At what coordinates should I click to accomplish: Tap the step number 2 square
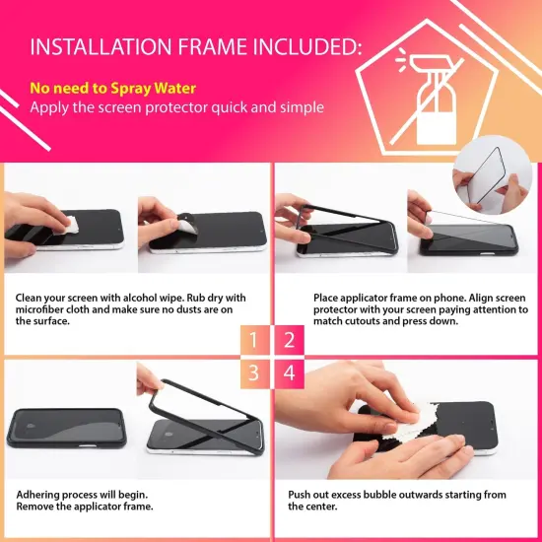pyautogui.click(x=290, y=340)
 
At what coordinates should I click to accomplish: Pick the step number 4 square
pyautogui.click(x=290, y=373)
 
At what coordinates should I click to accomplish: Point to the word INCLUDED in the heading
pyautogui.click(x=307, y=46)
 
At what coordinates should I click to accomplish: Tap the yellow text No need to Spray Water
pyautogui.click(x=112, y=89)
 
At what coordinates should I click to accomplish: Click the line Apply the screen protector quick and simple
pyautogui.click(x=176, y=107)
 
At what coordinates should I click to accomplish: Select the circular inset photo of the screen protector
pyautogui.click(x=492, y=175)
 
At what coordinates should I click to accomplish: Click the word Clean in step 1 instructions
pyautogui.click(x=29, y=298)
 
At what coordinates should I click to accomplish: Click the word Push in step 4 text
pyautogui.click(x=299, y=495)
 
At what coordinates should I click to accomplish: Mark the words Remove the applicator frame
pyautogui.click(x=85, y=507)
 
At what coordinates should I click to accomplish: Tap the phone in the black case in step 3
pyautogui.click(x=66, y=428)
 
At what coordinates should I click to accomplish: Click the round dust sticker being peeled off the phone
pyautogui.click(x=187, y=224)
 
